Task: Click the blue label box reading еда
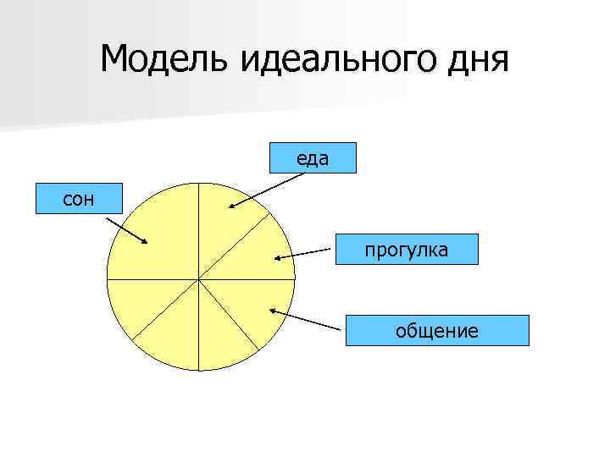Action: [x=313, y=157]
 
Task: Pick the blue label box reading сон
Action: [x=79, y=198]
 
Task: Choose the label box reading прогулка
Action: [x=407, y=250]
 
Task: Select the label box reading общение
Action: [x=436, y=330]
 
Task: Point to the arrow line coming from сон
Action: [x=125, y=228]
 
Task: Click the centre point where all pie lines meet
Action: [x=199, y=278]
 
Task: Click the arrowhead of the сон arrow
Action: [x=145, y=243]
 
